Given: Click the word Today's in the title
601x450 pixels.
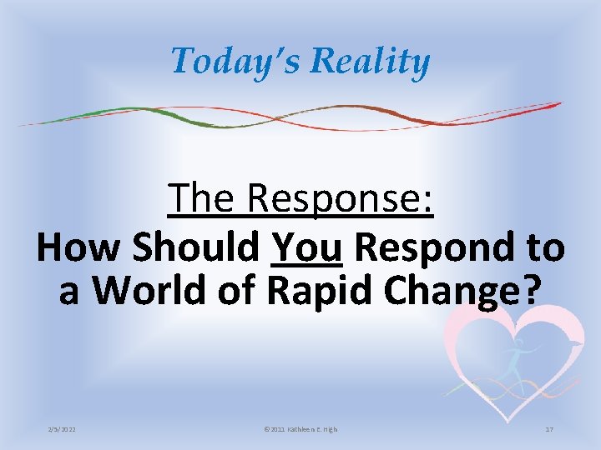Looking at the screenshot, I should tap(226, 61).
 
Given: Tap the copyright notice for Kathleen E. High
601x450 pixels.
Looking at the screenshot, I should tap(300, 429).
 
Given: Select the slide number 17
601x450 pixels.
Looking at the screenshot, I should tap(549, 429).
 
